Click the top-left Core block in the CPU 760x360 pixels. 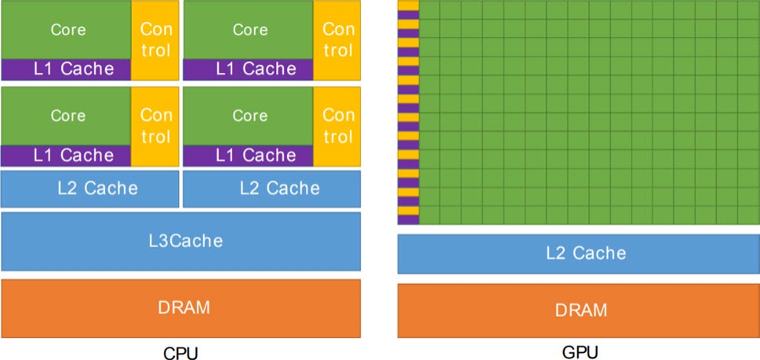(x=66, y=30)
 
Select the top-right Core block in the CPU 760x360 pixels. (x=248, y=30)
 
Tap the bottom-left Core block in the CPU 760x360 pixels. (x=66, y=116)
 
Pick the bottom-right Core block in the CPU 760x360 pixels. (x=248, y=116)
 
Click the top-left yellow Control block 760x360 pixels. (x=155, y=40)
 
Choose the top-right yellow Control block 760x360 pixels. (x=336, y=40)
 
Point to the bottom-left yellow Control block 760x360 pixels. (x=155, y=126)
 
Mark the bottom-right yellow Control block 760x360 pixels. (x=336, y=126)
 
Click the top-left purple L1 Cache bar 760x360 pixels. (x=66, y=70)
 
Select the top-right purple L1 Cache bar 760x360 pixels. (x=248, y=70)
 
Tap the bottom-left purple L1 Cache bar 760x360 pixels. (x=66, y=156)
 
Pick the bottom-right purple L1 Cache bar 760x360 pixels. (x=248, y=156)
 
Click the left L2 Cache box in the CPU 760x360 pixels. (x=89, y=188)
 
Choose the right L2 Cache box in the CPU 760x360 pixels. (x=272, y=188)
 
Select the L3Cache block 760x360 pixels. (x=181, y=242)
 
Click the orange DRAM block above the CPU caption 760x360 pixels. (x=181, y=308)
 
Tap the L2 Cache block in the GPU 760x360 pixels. (x=579, y=254)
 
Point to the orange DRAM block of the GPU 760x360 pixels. (x=579, y=311)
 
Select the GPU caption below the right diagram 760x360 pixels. (x=580, y=351)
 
